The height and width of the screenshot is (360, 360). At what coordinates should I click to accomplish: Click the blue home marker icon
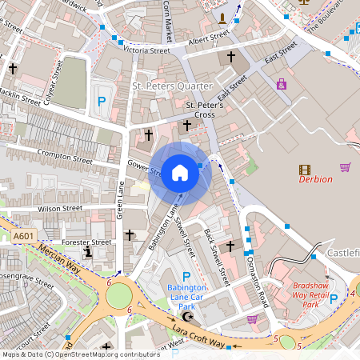(180, 172)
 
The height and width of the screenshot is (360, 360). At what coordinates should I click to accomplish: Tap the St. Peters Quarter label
(172, 86)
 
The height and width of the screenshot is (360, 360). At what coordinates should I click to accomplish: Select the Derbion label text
(315, 179)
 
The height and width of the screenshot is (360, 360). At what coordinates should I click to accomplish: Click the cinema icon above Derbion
(305, 169)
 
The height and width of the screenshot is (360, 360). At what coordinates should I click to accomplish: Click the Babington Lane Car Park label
(186, 297)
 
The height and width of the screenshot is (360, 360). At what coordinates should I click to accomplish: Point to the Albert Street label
(210, 40)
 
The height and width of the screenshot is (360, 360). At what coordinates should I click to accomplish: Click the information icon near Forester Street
(88, 251)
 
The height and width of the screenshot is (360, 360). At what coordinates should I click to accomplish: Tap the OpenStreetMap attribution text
(80, 354)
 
